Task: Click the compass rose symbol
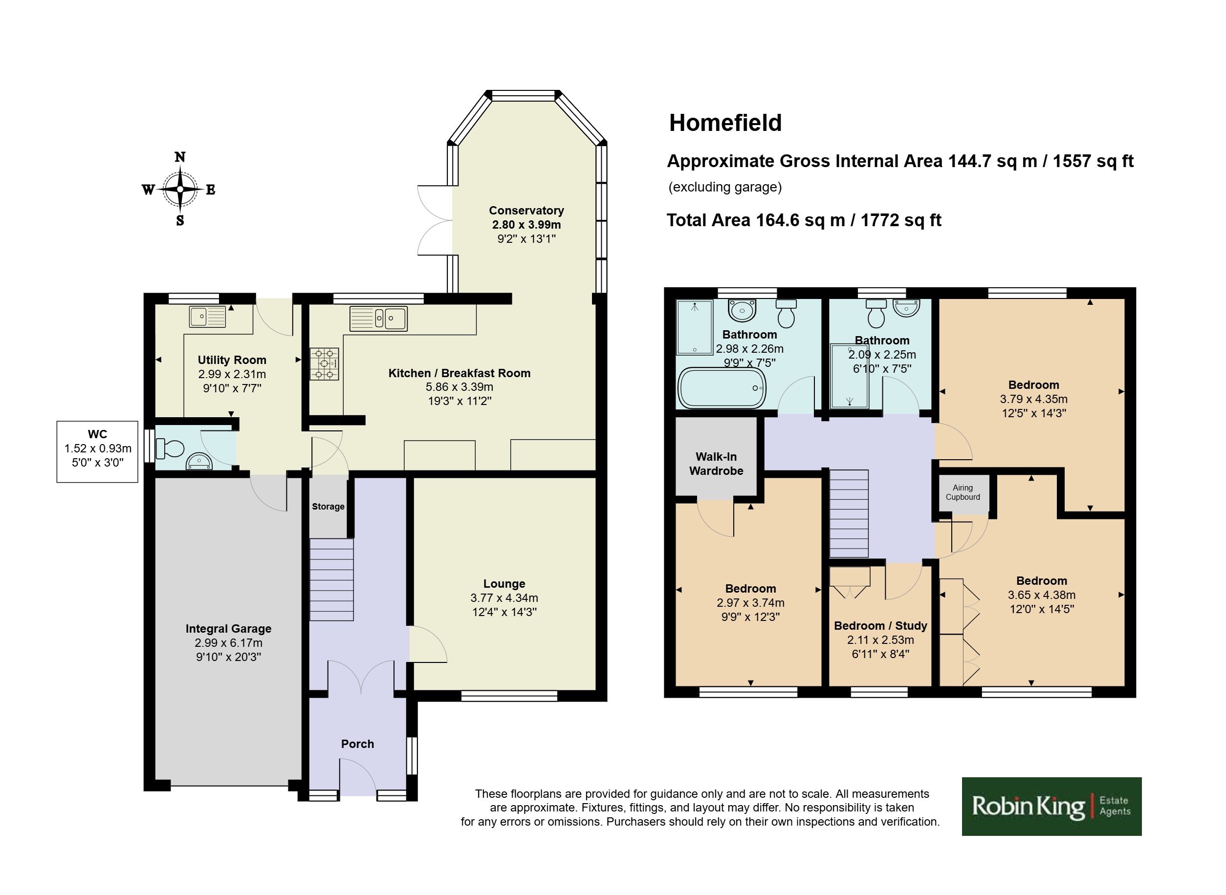[x=180, y=189]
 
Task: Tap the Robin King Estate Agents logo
[x=1051, y=806]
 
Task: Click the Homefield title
[x=725, y=123]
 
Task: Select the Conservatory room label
[x=526, y=210]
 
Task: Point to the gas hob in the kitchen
[x=324, y=363]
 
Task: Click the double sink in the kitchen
[x=378, y=318]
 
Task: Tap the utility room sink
[x=207, y=317]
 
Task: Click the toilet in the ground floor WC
[x=170, y=448]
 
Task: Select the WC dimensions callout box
[x=98, y=451]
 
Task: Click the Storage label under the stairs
[x=328, y=507]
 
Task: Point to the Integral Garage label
[x=228, y=628]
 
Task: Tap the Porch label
[x=357, y=744]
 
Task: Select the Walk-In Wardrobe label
[x=716, y=464]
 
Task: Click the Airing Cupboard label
[x=963, y=492]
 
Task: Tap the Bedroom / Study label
[x=880, y=626]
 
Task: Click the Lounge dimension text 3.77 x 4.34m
[x=504, y=597]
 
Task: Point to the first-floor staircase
[x=849, y=513]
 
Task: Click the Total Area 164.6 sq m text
[x=804, y=220]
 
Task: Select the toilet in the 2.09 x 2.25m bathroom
[x=876, y=314]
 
